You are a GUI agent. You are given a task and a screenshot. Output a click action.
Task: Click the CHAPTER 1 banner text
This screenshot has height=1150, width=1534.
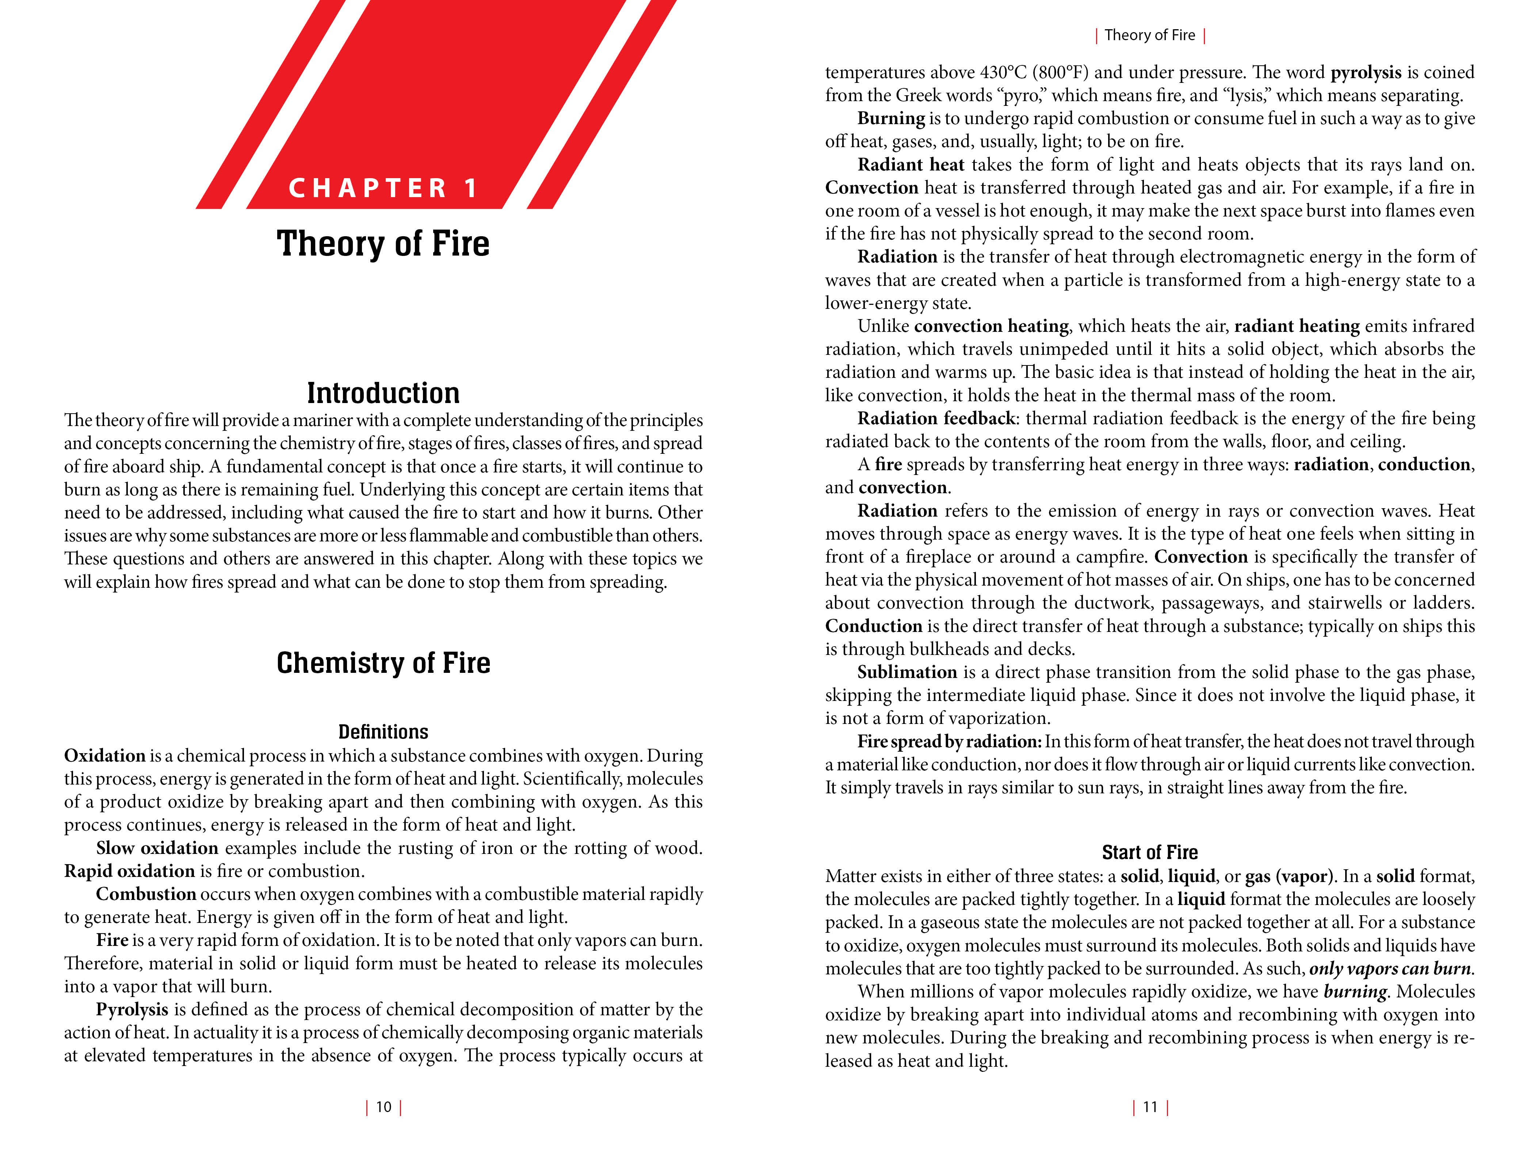pyautogui.click(x=383, y=188)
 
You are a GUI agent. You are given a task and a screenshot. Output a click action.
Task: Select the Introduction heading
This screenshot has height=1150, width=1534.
pyautogui.click(x=383, y=393)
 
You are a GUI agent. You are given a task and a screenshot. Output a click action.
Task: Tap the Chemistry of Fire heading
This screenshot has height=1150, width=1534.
pyautogui.click(x=383, y=663)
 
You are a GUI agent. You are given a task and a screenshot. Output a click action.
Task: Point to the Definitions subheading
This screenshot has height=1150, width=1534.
pyautogui.click(x=383, y=732)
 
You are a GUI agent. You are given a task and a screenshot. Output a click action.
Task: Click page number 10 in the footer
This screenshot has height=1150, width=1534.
pyautogui.click(x=383, y=1107)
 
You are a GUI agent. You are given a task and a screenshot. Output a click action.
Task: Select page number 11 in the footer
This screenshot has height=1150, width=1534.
pyautogui.click(x=1150, y=1107)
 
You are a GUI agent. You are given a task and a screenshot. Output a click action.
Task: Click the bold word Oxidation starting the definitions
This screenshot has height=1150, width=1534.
pyautogui.click(x=105, y=756)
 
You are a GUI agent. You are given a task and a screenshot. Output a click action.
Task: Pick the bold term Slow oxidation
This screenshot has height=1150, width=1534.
pyautogui.click(x=157, y=848)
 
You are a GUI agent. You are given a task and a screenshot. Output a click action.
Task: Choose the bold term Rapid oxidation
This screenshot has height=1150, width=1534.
pyautogui.click(x=129, y=871)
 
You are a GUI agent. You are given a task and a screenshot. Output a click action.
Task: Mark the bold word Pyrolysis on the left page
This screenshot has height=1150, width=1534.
pyautogui.click(x=132, y=1009)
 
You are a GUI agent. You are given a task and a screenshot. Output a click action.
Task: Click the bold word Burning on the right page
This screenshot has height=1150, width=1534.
pyautogui.click(x=891, y=119)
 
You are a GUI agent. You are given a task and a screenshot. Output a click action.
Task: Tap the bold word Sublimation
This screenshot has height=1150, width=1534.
pyautogui.click(x=907, y=672)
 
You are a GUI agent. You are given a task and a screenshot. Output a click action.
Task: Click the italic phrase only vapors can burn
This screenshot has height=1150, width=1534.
pyautogui.click(x=1390, y=969)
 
